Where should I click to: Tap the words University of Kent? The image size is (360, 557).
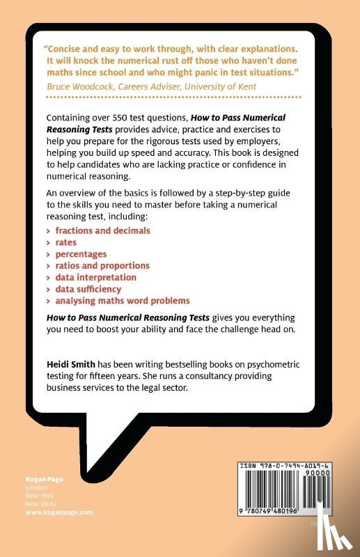coord(224,86)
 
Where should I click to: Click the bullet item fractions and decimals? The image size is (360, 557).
coord(103,230)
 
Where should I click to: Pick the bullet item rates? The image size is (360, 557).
coord(67,242)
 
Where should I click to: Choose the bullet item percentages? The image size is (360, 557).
coord(81,253)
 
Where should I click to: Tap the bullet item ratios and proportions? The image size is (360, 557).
coord(102,265)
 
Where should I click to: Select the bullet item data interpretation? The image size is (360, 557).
coord(96,277)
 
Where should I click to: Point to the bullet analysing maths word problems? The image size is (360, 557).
coord(123,301)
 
